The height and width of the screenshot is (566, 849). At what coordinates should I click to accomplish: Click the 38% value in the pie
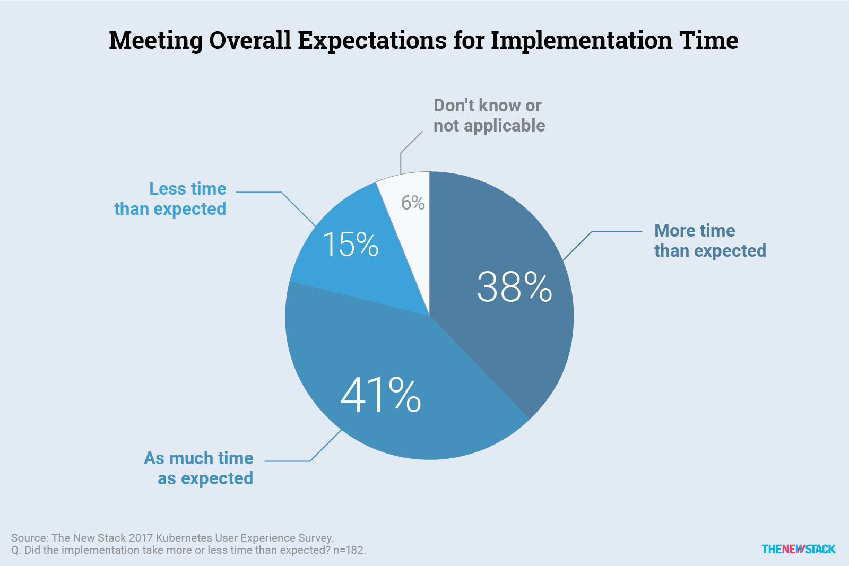(514, 288)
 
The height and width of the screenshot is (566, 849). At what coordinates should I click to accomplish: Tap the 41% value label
(380, 395)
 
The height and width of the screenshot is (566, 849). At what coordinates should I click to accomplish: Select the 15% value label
(350, 245)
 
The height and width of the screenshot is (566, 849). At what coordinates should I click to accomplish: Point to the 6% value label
(413, 203)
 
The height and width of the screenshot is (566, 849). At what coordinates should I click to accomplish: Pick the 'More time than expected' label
(709, 241)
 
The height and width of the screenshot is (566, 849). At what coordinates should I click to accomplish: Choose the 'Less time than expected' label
(170, 199)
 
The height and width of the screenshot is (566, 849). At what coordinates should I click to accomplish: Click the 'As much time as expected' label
(199, 468)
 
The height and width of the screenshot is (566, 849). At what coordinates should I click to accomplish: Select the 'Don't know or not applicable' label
(489, 116)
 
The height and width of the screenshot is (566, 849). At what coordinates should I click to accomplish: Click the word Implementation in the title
(582, 40)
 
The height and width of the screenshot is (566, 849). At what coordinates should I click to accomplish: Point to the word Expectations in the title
(372, 40)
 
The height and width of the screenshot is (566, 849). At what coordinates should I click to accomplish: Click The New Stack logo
(798, 549)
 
